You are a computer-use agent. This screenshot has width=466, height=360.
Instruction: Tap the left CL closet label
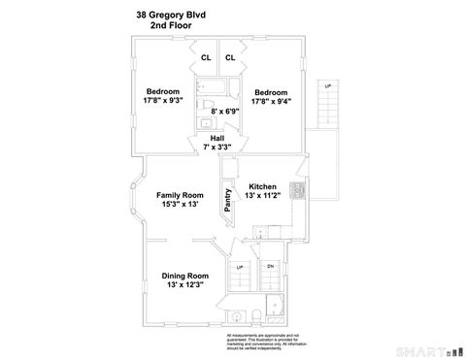(206, 58)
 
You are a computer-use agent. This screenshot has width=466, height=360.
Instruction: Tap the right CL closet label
(230, 58)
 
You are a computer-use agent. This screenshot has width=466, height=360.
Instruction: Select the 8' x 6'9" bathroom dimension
(226, 113)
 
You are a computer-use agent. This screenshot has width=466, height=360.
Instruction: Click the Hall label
(217, 139)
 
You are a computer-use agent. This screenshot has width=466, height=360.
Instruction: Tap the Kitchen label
(262, 186)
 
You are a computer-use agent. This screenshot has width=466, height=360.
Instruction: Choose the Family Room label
(180, 195)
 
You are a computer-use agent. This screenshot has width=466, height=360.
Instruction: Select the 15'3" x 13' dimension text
(180, 205)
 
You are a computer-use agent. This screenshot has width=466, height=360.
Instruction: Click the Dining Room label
(184, 276)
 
